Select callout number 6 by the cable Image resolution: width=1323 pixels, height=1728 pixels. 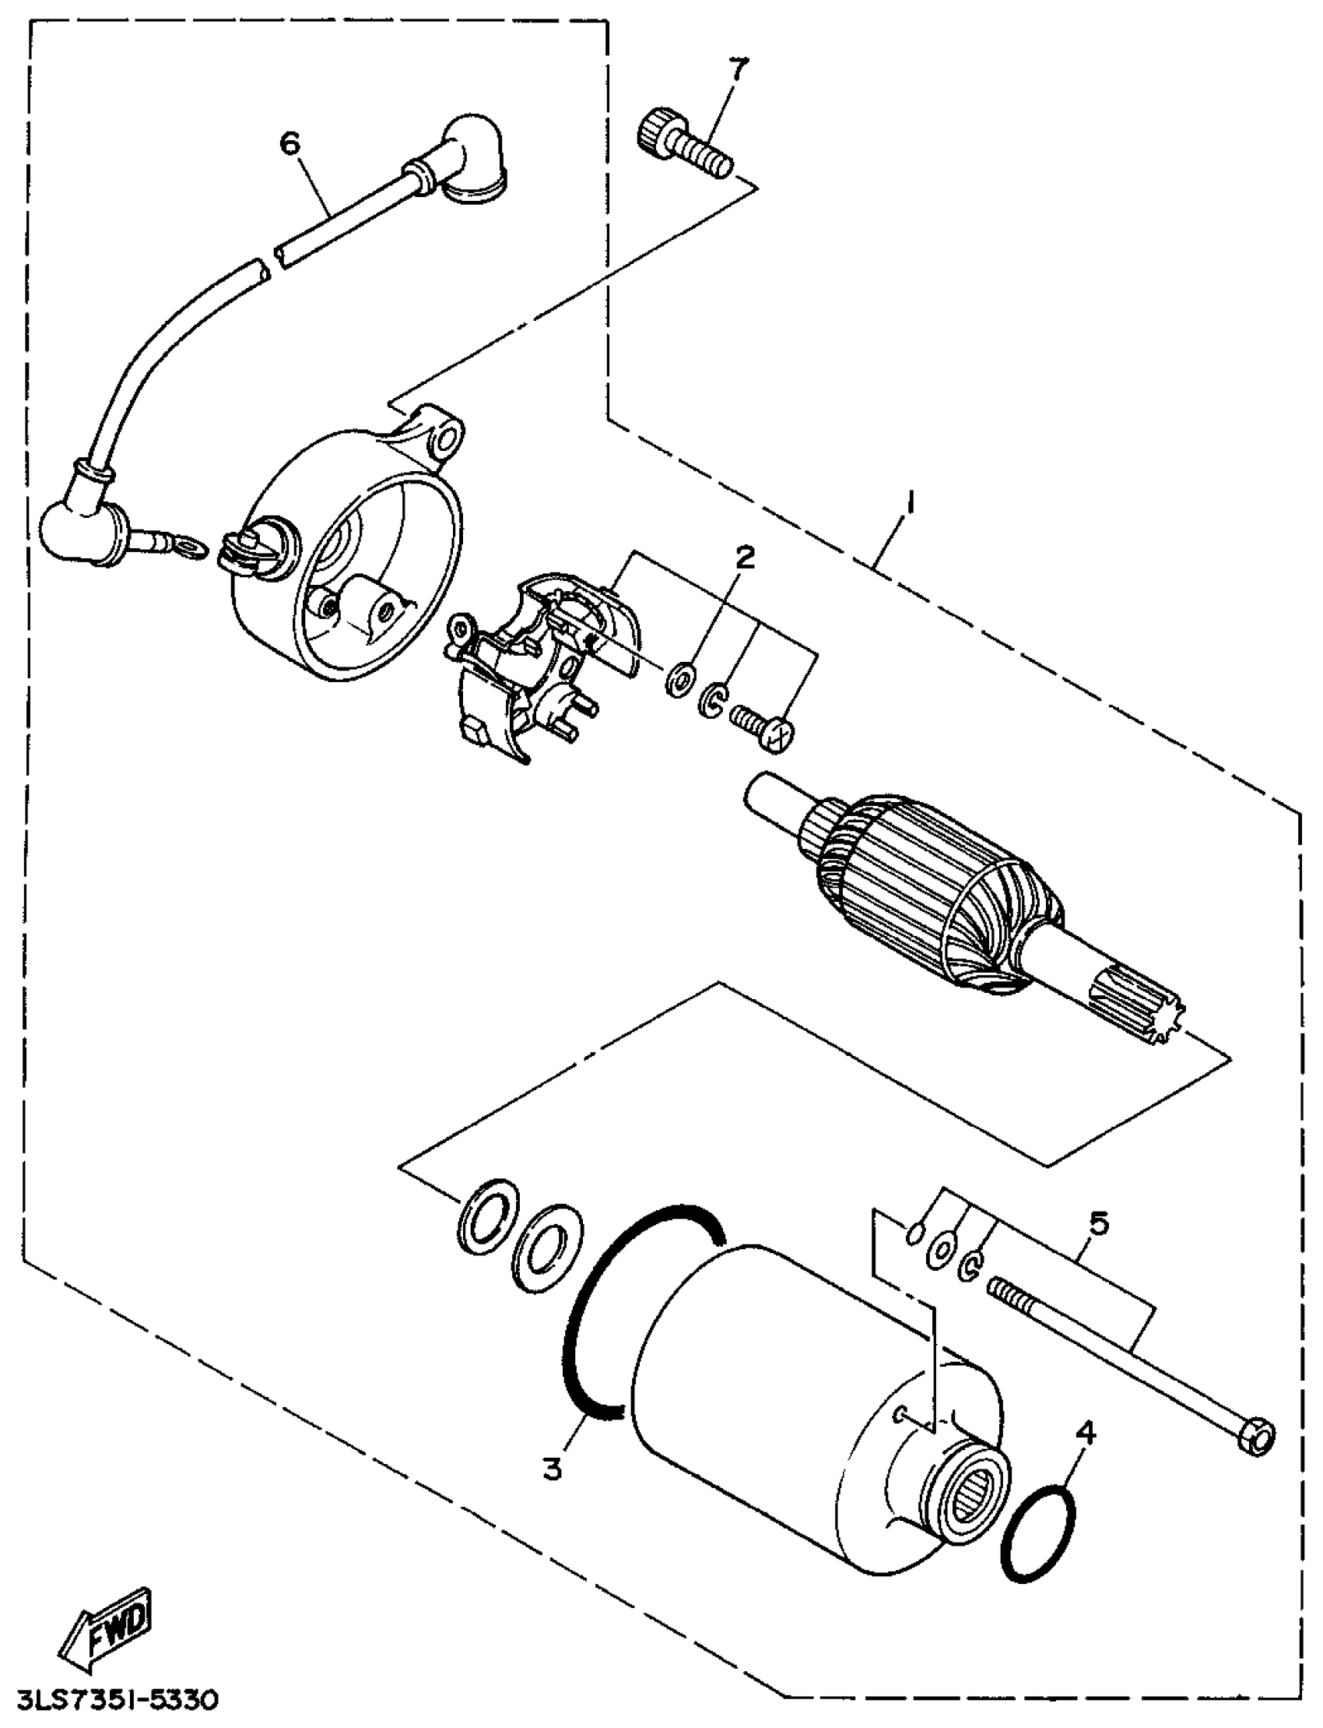tap(290, 143)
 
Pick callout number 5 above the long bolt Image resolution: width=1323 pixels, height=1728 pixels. tap(1099, 1223)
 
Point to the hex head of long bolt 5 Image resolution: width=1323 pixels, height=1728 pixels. tap(1257, 1438)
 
